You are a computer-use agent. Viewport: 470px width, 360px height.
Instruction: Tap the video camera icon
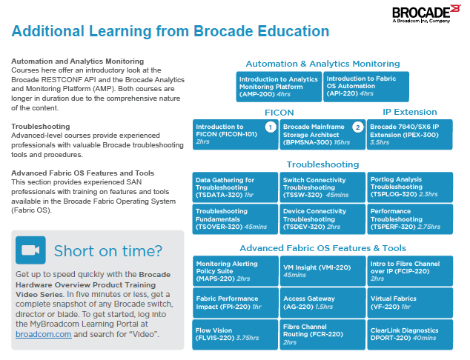[x=30, y=250]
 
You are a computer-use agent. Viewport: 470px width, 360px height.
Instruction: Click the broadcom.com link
[x=43, y=335]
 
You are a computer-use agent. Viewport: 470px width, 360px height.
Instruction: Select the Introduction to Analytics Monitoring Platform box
[x=279, y=87]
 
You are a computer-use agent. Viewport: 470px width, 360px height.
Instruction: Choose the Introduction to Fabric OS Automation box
[x=366, y=87]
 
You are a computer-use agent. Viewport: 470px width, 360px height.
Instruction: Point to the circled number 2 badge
[x=357, y=127]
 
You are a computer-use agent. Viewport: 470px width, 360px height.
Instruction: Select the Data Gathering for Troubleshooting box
[x=235, y=187]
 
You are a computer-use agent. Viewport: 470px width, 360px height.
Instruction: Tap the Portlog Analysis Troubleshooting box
[x=409, y=187]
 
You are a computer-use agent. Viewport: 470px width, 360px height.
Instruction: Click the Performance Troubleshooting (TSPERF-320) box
[x=409, y=219]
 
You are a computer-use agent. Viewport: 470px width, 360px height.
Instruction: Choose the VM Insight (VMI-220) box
[x=322, y=270]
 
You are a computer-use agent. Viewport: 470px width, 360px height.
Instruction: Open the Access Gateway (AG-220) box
[x=322, y=301]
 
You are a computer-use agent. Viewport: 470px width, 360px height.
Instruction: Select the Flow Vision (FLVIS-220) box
[x=235, y=333]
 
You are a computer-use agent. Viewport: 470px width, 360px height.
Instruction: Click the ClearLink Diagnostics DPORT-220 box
[x=409, y=333]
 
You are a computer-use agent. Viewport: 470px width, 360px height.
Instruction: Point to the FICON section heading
[x=279, y=112]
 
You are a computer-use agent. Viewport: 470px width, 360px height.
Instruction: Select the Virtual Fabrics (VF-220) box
[x=409, y=301]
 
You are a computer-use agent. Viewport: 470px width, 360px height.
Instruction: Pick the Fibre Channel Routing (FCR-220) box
[x=322, y=333]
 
